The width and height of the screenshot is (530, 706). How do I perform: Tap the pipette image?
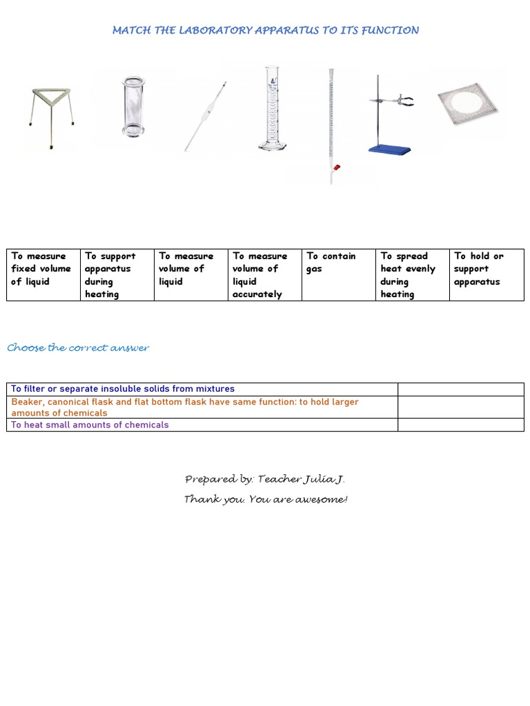[205, 116]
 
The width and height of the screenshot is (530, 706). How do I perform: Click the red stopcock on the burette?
[336, 167]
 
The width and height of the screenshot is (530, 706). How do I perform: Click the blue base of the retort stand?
[389, 149]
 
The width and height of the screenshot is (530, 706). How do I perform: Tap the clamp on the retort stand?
[402, 101]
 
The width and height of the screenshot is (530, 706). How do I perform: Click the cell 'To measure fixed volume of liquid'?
[43, 275]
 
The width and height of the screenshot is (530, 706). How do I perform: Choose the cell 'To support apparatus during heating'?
[117, 275]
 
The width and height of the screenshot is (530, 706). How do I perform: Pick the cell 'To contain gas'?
[338, 275]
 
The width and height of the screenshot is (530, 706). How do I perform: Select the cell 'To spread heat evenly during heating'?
[412, 275]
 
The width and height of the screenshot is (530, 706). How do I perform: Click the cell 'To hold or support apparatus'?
[487, 275]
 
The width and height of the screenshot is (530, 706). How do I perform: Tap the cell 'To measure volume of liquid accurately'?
[264, 275]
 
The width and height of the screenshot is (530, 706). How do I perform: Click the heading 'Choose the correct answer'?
[78, 347]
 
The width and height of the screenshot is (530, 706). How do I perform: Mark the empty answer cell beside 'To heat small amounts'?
[460, 425]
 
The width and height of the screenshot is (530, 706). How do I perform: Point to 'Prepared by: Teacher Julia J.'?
[265, 479]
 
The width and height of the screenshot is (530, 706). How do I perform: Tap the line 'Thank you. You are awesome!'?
[265, 499]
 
